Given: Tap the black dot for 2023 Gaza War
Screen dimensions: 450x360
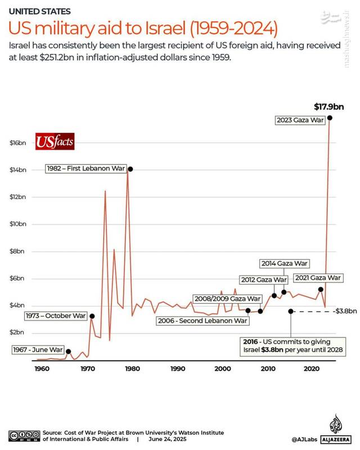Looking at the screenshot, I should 330,118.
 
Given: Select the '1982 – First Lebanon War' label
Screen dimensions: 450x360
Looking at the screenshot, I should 86,168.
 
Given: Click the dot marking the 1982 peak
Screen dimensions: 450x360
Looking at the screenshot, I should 130,169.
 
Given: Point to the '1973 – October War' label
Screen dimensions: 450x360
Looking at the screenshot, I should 56,316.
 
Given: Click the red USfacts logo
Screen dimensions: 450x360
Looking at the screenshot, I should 55,142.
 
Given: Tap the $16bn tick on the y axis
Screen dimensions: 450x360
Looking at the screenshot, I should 18,143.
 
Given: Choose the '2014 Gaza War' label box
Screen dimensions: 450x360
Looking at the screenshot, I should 285,263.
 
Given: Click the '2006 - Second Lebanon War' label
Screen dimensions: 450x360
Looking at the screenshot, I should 202,321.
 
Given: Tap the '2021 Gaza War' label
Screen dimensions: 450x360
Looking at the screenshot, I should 317,278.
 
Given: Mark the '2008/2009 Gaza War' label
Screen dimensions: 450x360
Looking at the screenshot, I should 227,299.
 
